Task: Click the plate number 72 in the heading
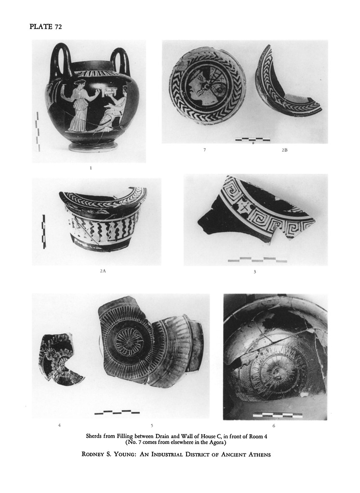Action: pos(58,27)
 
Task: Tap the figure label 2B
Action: pos(284,150)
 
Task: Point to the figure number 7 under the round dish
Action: pos(204,150)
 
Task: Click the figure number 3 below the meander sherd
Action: pos(254,272)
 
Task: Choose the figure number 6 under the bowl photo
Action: pos(274,426)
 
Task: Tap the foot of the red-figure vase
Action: pos(93,147)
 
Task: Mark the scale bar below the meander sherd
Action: pos(257,259)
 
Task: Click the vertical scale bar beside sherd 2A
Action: pos(44,232)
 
